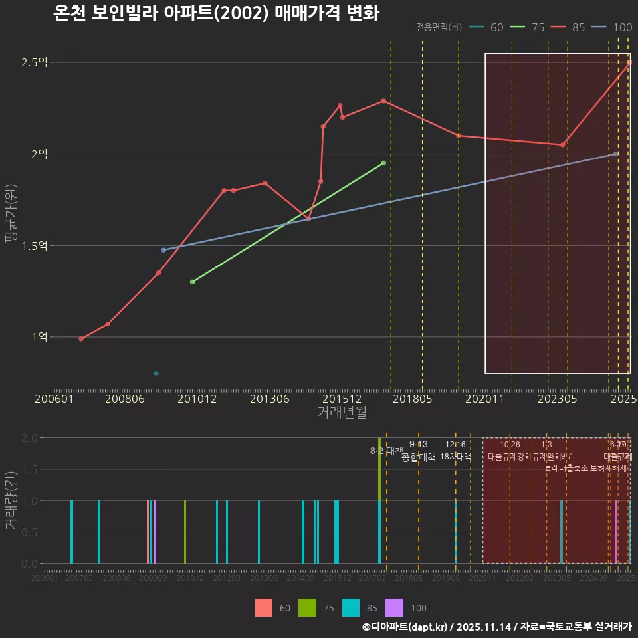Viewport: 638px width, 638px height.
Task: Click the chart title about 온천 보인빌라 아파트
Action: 216,13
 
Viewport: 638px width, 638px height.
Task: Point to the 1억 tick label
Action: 39,337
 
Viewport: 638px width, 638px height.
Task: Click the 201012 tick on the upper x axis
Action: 197,399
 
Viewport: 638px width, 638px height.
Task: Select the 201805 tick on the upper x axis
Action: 413,399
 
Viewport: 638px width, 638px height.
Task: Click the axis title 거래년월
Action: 342,413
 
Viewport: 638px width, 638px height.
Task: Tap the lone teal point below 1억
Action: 156,373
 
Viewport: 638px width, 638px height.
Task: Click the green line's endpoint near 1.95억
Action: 383,163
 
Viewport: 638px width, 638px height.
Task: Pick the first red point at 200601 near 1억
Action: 81,339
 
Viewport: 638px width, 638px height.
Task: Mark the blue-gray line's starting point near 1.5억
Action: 163,250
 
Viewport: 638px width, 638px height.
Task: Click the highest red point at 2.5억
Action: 629,63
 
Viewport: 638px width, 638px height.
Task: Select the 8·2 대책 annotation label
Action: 387,451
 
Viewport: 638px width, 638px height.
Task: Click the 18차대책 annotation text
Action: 455,457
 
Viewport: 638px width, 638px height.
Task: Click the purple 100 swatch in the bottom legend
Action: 394,607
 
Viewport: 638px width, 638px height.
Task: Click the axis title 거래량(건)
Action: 10,500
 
